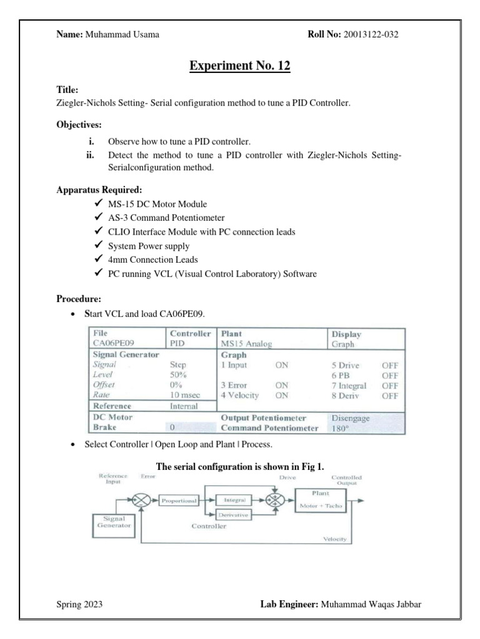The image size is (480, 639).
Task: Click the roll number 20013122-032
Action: [369, 34]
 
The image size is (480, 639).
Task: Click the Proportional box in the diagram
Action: [178, 500]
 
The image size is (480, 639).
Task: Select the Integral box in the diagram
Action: [233, 500]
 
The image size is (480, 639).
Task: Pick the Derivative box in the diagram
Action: [233, 515]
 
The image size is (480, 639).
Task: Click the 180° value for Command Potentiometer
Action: [341, 429]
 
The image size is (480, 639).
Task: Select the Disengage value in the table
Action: [352, 417]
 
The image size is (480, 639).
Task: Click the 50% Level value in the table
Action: [178, 375]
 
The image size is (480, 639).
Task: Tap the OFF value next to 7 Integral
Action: [390, 385]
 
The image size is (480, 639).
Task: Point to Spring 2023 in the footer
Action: [79, 605]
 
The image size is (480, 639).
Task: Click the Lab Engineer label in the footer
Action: [288, 605]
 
